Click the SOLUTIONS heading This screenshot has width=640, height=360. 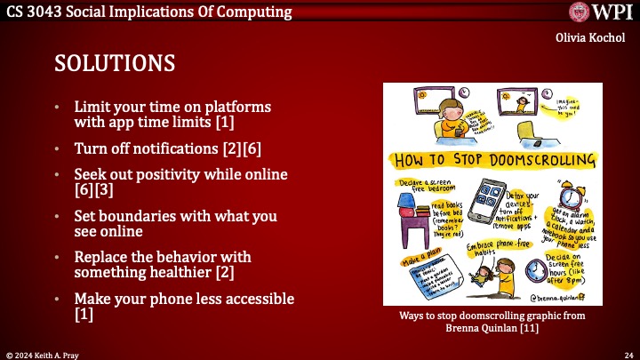click(x=115, y=64)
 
